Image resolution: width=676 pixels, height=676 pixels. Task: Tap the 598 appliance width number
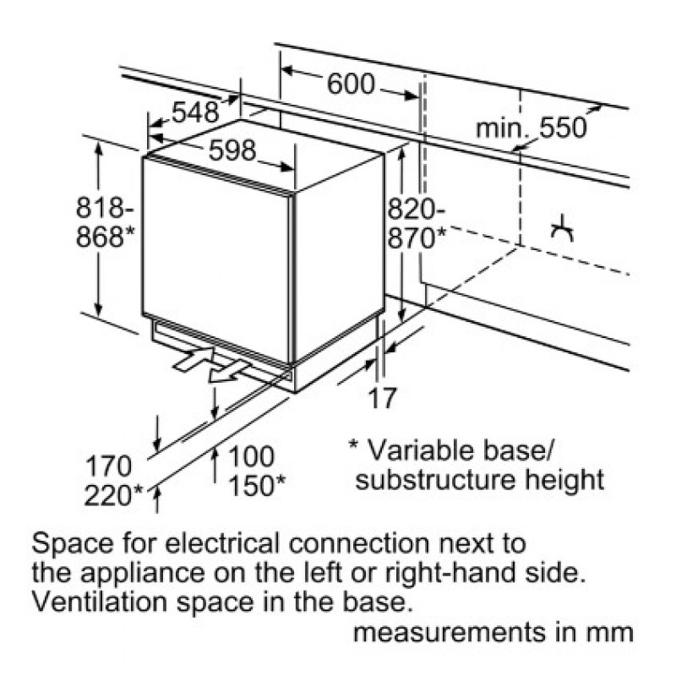[x=232, y=150]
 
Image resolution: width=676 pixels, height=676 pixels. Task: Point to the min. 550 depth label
[x=531, y=128]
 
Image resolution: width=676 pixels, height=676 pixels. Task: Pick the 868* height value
[x=106, y=237]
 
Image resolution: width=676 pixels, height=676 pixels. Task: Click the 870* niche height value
[x=417, y=237]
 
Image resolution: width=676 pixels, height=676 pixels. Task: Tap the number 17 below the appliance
[x=383, y=397]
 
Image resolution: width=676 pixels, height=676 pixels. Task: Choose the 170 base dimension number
[x=109, y=466]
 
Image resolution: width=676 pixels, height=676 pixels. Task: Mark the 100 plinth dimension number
[x=252, y=456]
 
